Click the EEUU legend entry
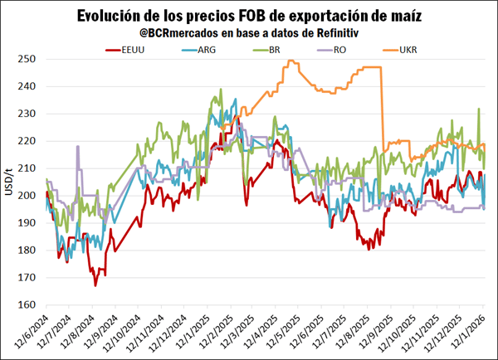(x=133, y=50)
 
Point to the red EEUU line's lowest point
(x=95, y=285)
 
